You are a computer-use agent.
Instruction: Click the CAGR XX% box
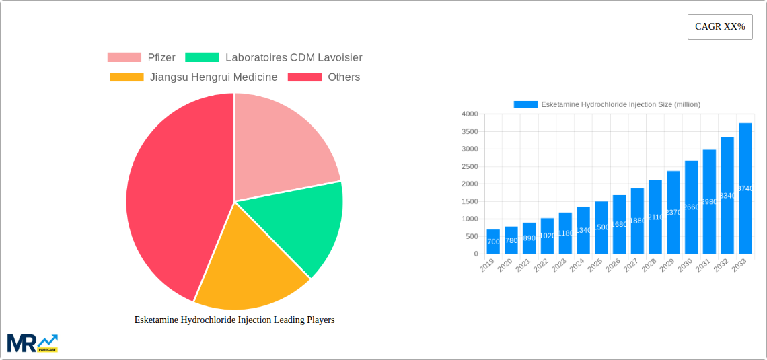click(x=720, y=27)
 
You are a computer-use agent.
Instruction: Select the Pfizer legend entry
click(x=141, y=58)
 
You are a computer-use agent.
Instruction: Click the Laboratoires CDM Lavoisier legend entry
click(x=273, y=58)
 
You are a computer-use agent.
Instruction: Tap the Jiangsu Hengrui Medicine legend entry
click(x=193, y=77)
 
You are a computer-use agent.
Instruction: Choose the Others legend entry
click(x=324, y=77)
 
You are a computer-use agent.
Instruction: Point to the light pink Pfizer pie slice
click(x=283, y=145)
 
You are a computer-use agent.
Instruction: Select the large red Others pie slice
click(x=175, y=195)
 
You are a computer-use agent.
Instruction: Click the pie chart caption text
click(x=234, y=320)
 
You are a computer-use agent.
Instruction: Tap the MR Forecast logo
click(x=32, y=343)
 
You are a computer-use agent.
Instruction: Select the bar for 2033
click(x=745, y=188)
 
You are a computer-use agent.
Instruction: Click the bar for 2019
click(x=493, y=242)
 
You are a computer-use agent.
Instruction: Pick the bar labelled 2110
click(x=655, y=217)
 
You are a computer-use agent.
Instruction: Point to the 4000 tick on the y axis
click(x=469, y=114)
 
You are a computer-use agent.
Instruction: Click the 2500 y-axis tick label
click(x=469, y=167)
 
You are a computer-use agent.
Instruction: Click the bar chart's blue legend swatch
click(x=525, y=104)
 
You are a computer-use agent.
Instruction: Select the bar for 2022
click(x=547, y=236)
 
